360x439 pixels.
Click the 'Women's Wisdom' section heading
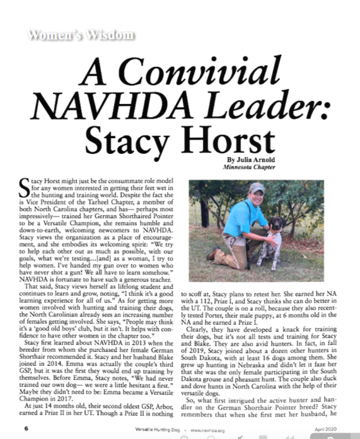coord(80,34)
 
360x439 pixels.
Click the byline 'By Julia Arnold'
coord(250,161)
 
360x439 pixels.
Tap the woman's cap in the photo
coord(256,187)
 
